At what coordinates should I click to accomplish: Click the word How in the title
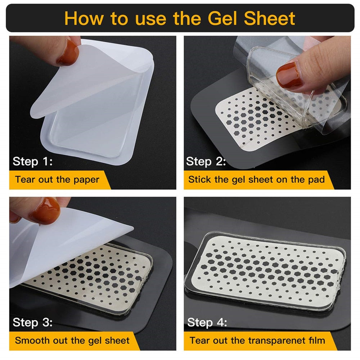tap(84, 18)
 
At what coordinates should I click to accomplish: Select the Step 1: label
tap(33, 161)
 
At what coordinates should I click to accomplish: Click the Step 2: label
tap(206, 161)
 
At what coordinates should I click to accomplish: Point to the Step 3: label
tap(33, 322)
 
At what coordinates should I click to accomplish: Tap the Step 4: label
tap(207, 322)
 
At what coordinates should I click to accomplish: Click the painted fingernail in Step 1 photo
tap(68, 52)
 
